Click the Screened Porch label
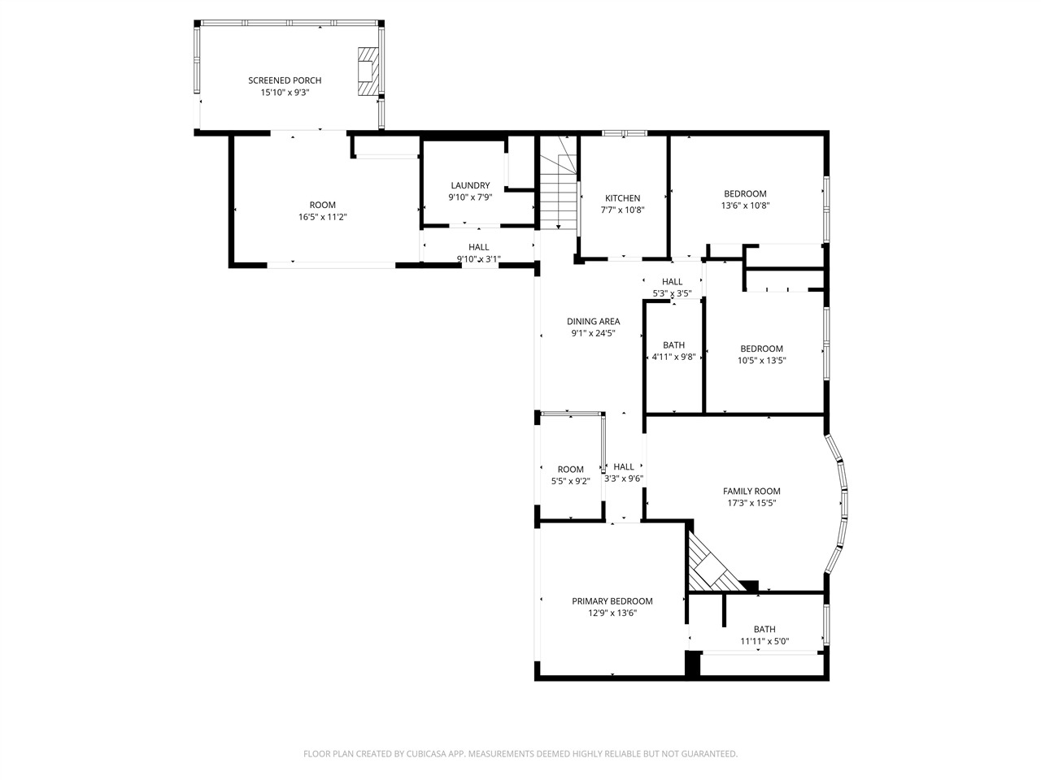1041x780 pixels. pos(285,80)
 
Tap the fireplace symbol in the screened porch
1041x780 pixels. pos(368,71)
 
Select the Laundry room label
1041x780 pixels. pos(470,185)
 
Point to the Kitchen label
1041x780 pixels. pos(622,198)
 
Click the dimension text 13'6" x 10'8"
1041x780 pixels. pos(745,206)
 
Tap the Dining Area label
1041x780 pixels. pos(593,321)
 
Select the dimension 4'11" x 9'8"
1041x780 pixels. pos(673,357)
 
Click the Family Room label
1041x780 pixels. pos(751,491)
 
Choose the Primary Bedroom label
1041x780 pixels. pos(612,601)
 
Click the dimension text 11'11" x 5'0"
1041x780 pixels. pos(764,641)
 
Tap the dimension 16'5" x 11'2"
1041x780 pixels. pos(322,217)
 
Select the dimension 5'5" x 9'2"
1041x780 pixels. pos(570,481)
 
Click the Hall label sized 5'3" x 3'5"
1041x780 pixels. pos(672,282)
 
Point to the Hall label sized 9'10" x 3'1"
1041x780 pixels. pos(478,247)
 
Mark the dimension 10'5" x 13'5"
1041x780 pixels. pos(761,361)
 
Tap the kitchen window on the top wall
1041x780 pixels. pos(624,132)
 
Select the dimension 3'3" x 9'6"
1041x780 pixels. pos(624,479)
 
